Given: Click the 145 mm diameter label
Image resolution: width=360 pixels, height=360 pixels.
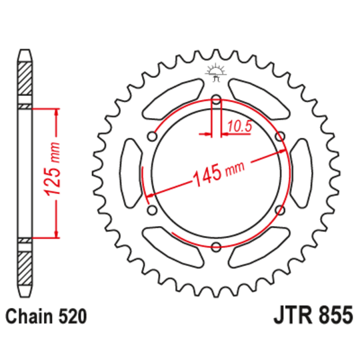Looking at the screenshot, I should click(x=217, y=175).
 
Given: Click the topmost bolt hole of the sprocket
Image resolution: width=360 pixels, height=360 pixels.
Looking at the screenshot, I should click(x=216, y=101).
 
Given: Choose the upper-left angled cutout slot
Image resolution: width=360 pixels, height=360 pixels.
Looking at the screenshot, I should click(x=172, y=99).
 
